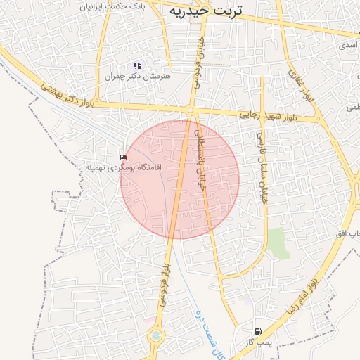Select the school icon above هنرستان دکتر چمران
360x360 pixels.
(137, 65)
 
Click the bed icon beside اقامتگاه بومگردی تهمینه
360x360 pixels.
(124, 156)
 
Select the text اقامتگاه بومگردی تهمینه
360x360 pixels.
(124, 167)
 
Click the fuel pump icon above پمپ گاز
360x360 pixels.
(259, 330)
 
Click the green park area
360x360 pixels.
(278, 243)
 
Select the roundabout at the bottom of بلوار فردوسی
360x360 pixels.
(155, 335)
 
